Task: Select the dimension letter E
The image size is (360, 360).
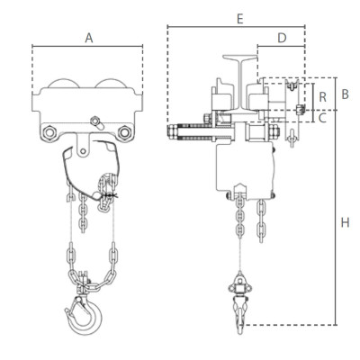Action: click(x=238, y=18)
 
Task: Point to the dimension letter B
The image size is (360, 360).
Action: click(x=345, y=94)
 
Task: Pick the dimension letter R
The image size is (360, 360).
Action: click(x=321, y=94)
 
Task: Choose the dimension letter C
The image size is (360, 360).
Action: click(x=321, y=116)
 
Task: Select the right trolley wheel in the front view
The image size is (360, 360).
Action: click(x=112, y=90)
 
